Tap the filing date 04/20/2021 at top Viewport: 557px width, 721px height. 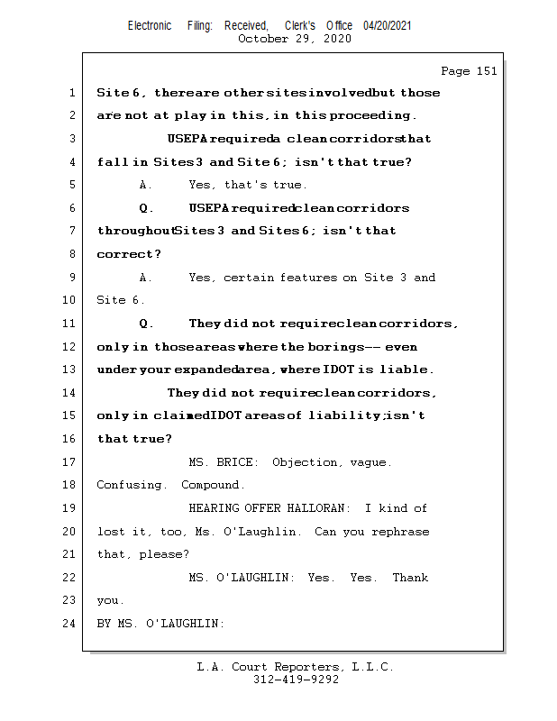pos(388,25)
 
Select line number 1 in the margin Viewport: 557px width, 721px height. pos(72,93)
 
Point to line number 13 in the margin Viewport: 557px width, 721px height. pos(69,370)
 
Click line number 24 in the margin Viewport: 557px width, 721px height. pos(69,623)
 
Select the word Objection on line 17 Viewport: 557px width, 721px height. pos(305,462)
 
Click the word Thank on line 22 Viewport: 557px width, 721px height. pos(410,578)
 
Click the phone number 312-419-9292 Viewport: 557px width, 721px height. pos(296,680)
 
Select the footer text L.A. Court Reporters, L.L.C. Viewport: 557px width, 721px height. pos(295,667)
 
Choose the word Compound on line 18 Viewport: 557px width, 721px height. pos(213,485)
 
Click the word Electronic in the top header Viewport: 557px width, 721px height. pos(150,25)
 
